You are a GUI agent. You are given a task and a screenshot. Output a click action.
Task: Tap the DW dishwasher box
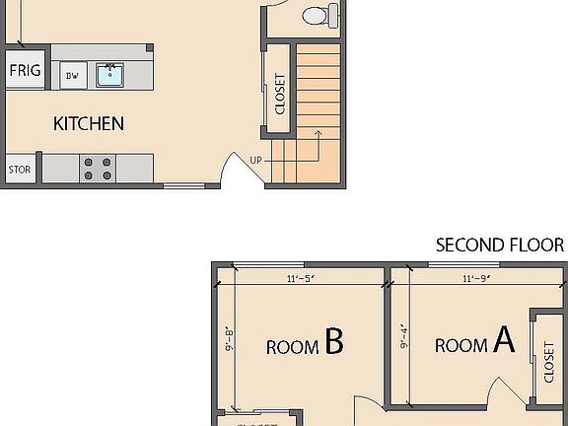tap(72, 75)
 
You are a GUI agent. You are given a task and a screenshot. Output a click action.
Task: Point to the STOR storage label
tap(20, 170)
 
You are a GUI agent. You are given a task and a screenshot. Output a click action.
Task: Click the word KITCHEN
tap(89, 123)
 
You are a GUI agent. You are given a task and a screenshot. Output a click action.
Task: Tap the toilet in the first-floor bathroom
tap(318, 15)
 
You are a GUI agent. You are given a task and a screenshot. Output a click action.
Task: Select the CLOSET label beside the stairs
tap(280, 95)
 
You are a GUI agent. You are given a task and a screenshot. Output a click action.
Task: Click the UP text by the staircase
tap(256, 159)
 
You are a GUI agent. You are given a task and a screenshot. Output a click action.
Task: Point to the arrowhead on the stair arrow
tap(319, 131)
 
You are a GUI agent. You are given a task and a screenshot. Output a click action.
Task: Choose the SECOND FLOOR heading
tap(500, 246)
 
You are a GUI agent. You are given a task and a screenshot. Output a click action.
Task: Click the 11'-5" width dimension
tap(299, 279)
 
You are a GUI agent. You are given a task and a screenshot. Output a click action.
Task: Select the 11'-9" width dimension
tap(476, 279)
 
